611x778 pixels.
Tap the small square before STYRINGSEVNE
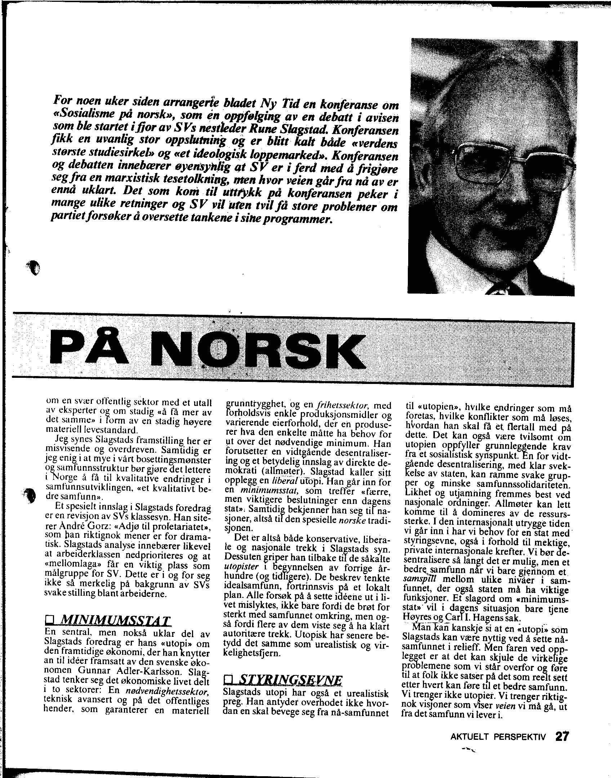(228, 680)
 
